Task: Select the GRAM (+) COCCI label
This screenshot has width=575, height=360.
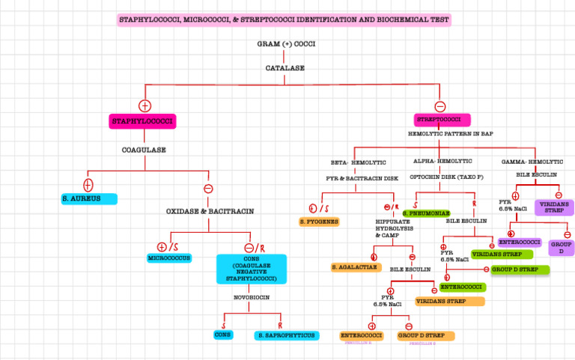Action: pyautogui.click(x=286, y=44)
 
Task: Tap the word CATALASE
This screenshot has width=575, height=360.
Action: pyautogui.click(x=285, y=68)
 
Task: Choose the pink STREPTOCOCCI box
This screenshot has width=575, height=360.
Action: pyautogui.click(x=442, y=120)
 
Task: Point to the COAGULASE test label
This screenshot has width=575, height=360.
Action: pyautogui.click(x=144, y=150)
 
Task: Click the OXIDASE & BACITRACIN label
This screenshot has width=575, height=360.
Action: pyautogui.click(x=210, y=212)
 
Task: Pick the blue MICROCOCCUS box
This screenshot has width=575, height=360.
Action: pyautogui.click(x=169, y=258)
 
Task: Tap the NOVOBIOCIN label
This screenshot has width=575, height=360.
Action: pyautogui.click(x=251, y=297)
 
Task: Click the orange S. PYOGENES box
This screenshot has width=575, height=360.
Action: pyautogui.click(x=319, y=222)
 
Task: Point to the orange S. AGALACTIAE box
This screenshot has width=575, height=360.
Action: pyautogui.click(x=356, y=267)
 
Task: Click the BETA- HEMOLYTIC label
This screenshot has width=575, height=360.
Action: pyautogui.click(x=359, y=162)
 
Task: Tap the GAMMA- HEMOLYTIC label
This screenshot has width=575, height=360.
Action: pyautogui.click(x=532, y=162)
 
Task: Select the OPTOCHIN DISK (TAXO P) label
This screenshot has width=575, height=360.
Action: pyautogui.click(x=446, y=177)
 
